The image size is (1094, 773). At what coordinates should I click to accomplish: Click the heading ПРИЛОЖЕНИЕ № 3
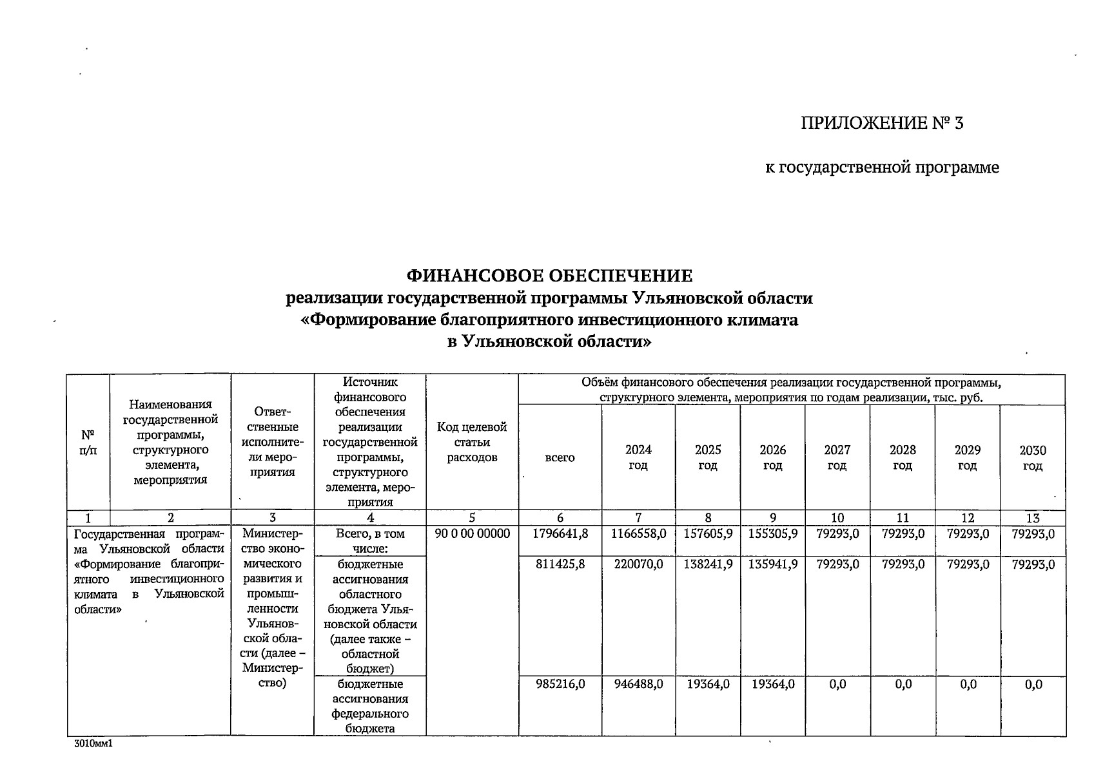[x=881, y=123]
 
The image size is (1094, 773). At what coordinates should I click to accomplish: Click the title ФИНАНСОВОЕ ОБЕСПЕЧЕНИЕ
[x=549, y=276]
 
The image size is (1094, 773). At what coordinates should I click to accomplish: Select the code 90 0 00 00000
[x=472, y=534]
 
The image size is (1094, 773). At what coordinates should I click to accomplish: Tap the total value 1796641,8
[x=560, y=534]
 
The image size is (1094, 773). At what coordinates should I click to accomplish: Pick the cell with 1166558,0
[x=638, y=534]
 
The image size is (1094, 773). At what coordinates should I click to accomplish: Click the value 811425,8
[x=560, y=565]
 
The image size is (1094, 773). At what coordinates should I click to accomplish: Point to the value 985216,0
[x=560, y=685]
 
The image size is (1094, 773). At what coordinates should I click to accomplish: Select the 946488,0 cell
[x=638, y=685]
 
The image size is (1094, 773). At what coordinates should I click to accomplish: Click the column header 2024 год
[x=638, y=457]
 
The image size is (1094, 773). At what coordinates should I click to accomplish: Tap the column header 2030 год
[x=1032, y=457]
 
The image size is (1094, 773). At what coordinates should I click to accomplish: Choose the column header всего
[x=560, y=457]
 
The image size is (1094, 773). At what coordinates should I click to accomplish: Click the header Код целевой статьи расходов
[x=472, y=442]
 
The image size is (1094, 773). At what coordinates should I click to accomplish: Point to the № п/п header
[x=88, y=442]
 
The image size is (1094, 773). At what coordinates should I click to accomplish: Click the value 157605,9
[x=708, y=534]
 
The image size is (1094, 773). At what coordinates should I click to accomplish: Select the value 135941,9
[x=773, y=565]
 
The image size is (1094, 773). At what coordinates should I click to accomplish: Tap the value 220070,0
[x=638, y=565]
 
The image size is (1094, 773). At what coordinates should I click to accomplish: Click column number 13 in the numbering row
[x=1032, y=518]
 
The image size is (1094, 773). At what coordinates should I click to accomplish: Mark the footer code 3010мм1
[x=93, y=743]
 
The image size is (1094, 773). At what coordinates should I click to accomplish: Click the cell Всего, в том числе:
[x=370, y=541]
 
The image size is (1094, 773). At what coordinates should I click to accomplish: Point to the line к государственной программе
[x=881, y=168]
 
